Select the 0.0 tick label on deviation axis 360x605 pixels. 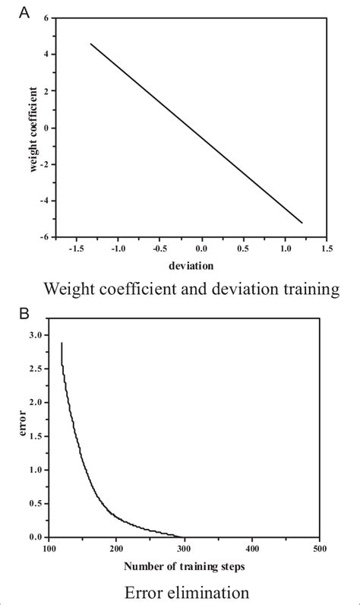[x=201, y=249]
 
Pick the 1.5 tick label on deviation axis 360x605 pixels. [x=326, y=249]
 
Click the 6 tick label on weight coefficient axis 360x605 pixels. [x=46, y=17]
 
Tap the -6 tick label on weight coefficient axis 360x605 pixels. [x=45, y=237]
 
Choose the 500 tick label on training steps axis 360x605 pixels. [x=320, y=548]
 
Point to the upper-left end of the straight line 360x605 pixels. [x=91, y=44]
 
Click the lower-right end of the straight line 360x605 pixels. [x=302, y=223]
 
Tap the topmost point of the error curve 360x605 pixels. [x=62, y=343]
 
